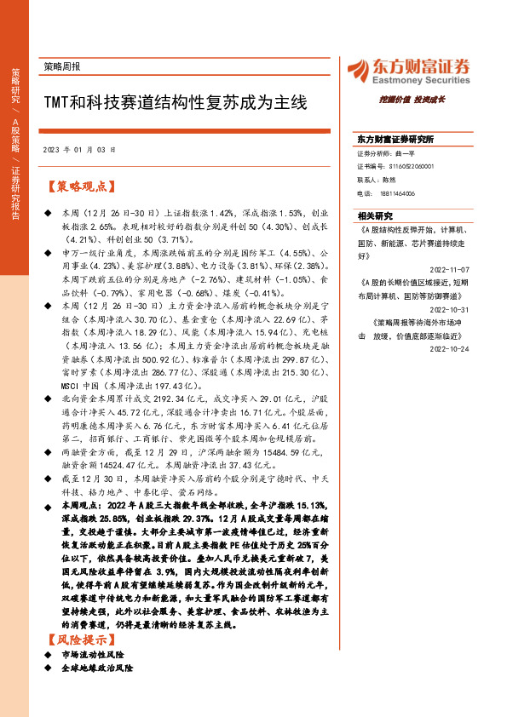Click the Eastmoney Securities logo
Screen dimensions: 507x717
tap(406, 70)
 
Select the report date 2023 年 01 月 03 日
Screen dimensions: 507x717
tap(78, 149)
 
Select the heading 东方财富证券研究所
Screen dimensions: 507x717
tap(395, 139)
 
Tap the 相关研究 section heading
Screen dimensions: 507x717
tap(373, 216)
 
